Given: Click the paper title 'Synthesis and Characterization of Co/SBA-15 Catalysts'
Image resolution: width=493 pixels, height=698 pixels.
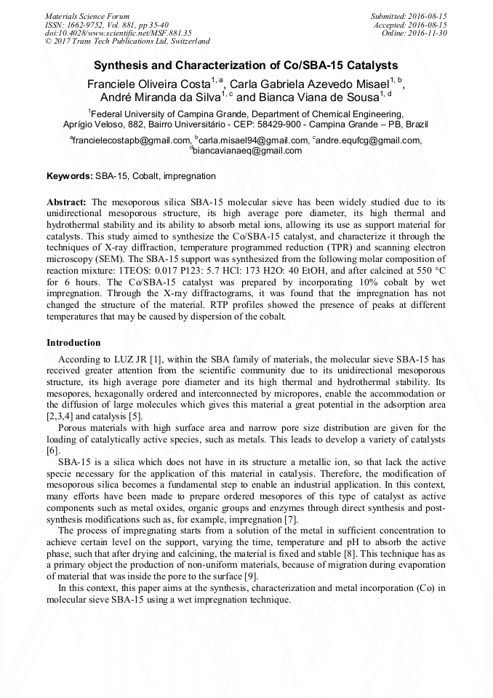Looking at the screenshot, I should (246, 65).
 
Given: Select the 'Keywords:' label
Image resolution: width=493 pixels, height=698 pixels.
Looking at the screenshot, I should (70, 176).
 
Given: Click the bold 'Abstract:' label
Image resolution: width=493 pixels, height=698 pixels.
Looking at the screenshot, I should (67, 201).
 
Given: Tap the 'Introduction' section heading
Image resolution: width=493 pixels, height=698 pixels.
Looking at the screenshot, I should (73, 342).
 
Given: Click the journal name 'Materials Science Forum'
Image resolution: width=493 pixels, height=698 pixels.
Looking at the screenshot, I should (87, 15).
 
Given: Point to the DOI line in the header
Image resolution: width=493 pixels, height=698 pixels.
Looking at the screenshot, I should (118, 33).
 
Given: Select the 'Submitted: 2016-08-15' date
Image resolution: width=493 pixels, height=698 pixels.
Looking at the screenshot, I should (409, 15).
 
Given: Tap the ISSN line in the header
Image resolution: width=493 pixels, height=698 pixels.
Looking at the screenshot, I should (106, 24).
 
